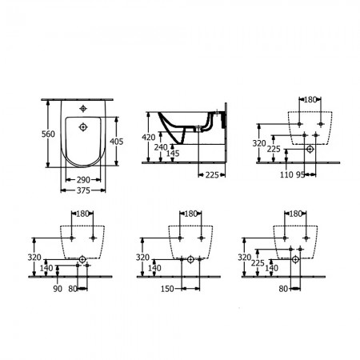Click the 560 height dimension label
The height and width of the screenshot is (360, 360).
pos(48,134)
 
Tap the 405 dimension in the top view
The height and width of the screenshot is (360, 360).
pos(117,142)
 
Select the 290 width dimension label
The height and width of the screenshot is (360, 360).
pos(83,180)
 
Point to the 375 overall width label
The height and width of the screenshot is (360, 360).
pos(83,190)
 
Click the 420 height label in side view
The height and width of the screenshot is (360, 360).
pos(149,138)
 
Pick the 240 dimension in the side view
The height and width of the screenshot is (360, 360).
pos(161,147)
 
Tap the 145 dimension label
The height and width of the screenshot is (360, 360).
pos(173,154)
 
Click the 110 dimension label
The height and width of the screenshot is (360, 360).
pos(286,174)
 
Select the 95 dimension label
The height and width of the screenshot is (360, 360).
pos(300,174)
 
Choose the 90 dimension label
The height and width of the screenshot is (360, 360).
pos(58,289)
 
